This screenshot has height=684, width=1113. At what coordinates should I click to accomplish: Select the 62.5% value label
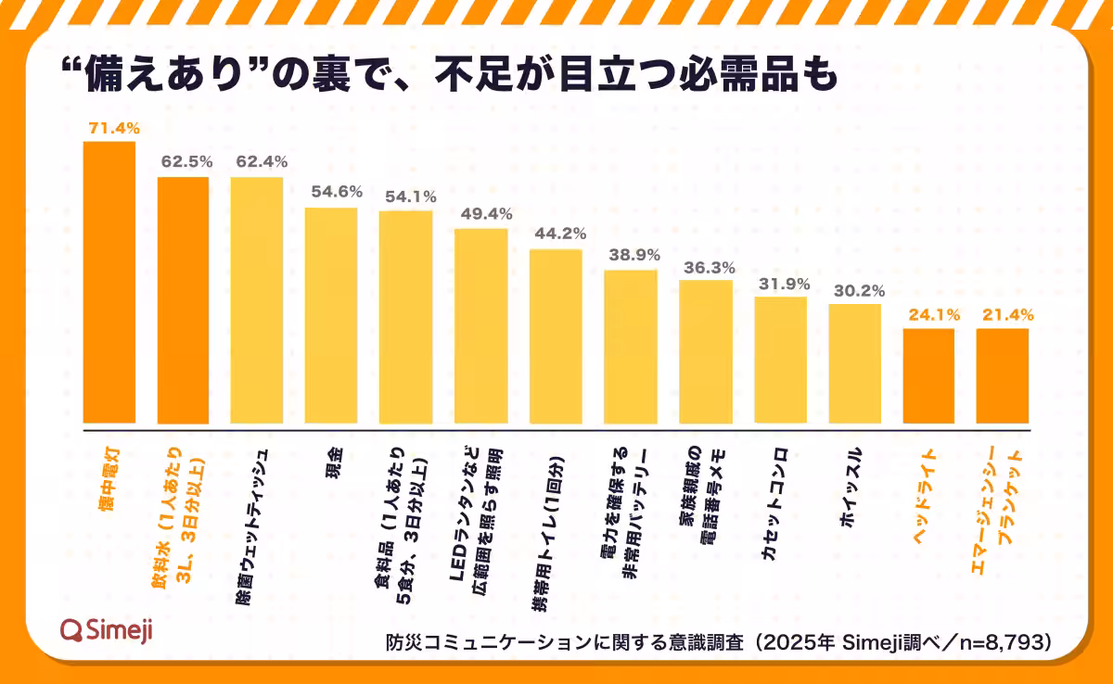(183, 160)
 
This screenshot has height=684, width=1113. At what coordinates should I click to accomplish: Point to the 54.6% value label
(331, 191)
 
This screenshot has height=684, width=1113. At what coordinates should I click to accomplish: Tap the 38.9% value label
(631, 254)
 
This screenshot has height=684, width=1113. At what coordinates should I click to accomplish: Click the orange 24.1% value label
(928, 313)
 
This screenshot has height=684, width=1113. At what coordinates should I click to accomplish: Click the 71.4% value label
(109, 126)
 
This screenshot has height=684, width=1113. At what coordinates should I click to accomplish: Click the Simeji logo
(106, 630)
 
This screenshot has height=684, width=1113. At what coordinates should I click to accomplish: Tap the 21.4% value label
(1004, 313)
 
